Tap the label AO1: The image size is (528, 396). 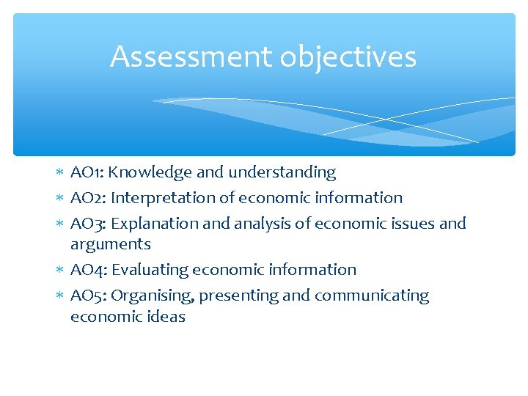[x=88, y=172]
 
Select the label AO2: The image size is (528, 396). [x=89, y=198]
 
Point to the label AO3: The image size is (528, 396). [x=89, y=223]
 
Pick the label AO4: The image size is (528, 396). [x=89, y=270]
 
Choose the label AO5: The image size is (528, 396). [x=89, y=296]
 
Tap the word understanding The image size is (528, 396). [x=282, y=173]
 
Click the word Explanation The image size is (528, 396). [x=155, y=223]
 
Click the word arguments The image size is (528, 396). [x=111, y=245]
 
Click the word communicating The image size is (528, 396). [x=372, y=296]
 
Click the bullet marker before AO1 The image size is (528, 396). [x=60, y=173]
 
